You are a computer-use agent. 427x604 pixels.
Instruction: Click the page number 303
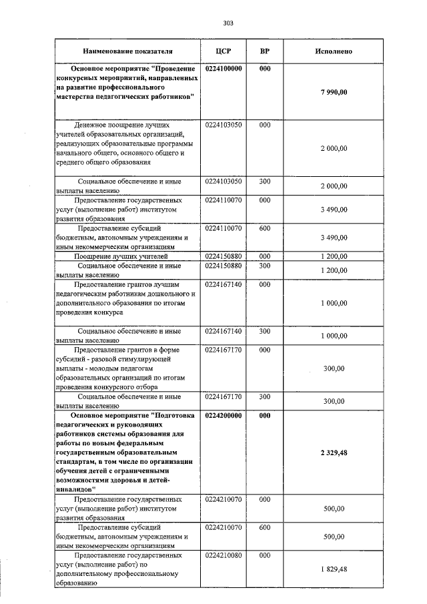(x=228, y=23)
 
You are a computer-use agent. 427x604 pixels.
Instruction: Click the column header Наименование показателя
(x=127, y=51)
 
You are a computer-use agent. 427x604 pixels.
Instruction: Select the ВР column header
(x=264, y=51)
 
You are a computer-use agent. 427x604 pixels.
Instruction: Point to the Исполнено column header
(x=334, y=51)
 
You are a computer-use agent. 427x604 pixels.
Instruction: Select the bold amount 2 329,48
(x=334, y=452)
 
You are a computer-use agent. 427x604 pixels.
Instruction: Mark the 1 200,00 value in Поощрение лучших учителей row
(x=334, y=256)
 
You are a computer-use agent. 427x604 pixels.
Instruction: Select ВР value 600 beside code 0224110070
(x=264, y=228)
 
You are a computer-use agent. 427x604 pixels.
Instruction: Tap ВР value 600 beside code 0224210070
(x=264, y=527)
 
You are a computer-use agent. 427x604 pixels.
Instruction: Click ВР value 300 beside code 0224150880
(x=264, y=266)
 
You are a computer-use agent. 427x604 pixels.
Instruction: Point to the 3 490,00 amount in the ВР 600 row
(x=334, y=238)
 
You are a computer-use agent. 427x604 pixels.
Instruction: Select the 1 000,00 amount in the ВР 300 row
(x=334, y=336)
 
